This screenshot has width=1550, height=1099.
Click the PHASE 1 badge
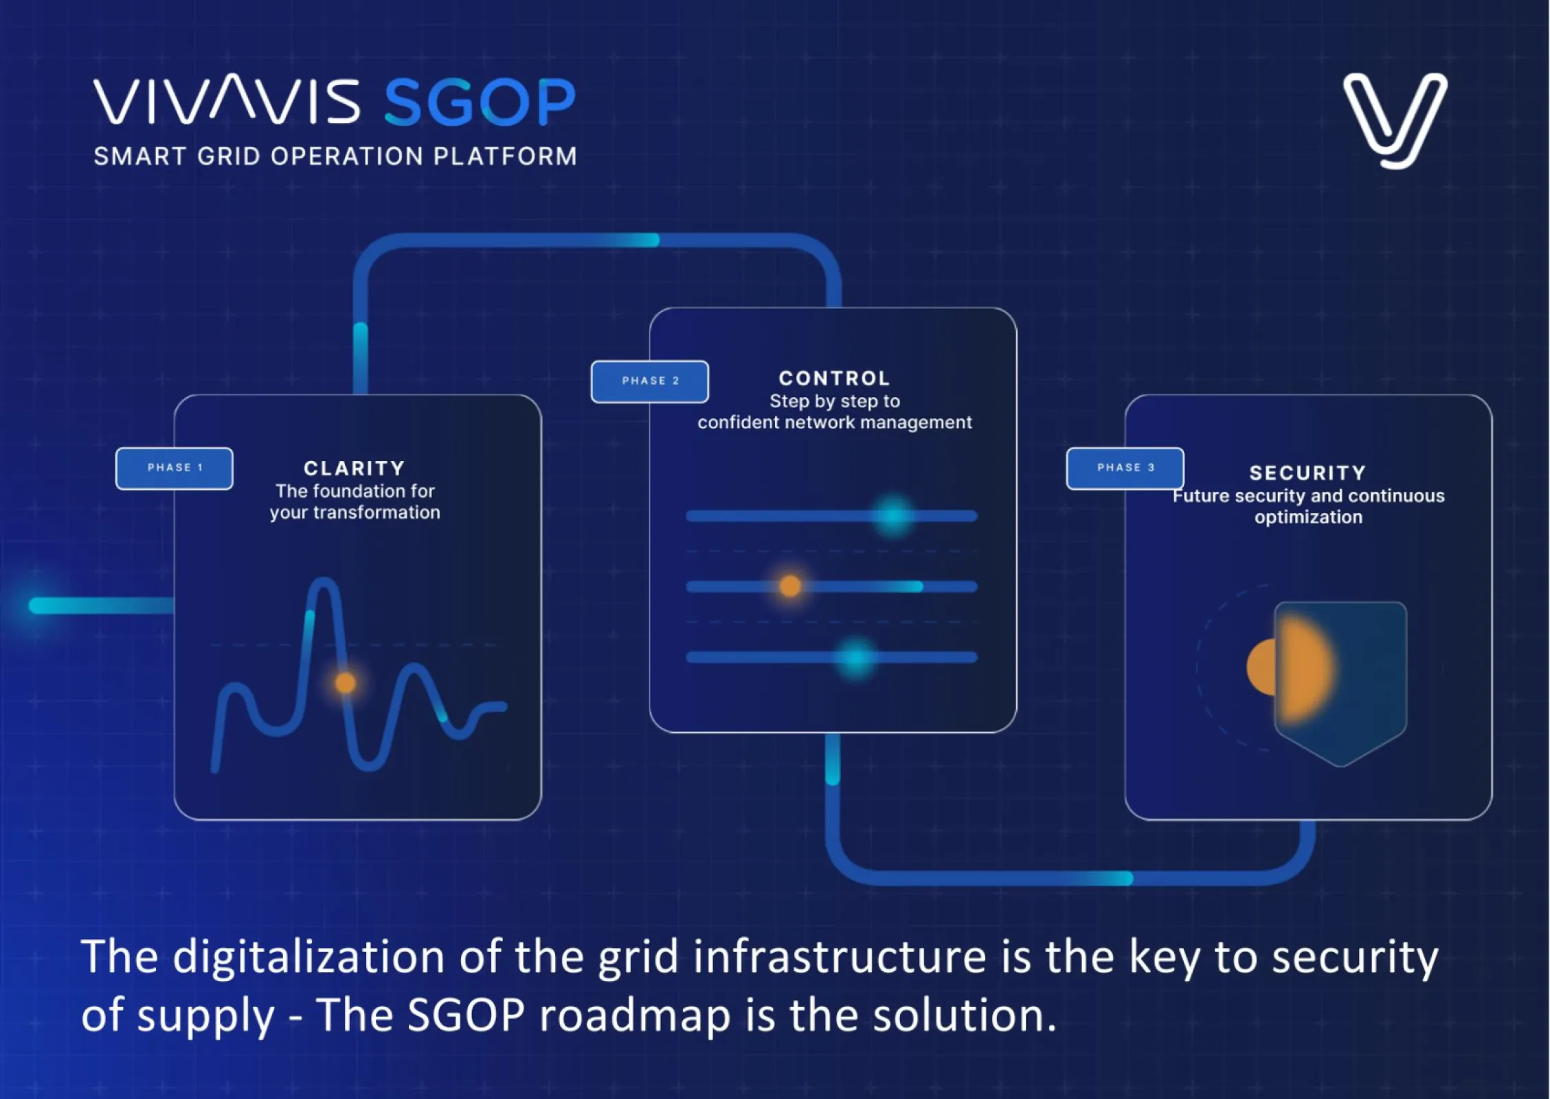175,468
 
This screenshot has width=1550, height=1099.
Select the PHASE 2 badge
649,381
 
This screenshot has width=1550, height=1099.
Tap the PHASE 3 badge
1125,468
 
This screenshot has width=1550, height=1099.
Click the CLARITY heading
355,468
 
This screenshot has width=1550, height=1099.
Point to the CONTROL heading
834,378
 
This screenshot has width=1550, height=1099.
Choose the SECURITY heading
1307,473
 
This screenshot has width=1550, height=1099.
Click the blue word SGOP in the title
480,102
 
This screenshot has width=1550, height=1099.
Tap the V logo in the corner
1395,120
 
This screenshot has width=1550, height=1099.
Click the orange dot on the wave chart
346,683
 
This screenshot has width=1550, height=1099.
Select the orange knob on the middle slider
790,586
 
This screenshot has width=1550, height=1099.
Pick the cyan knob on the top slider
892,515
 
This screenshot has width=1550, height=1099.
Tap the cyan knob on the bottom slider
856,658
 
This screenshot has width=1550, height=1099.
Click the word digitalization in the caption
308,957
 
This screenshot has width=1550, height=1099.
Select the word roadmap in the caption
635,1015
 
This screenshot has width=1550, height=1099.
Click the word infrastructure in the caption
840,957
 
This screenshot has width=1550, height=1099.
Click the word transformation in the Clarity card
377,513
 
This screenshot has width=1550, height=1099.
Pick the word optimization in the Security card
1308,517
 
